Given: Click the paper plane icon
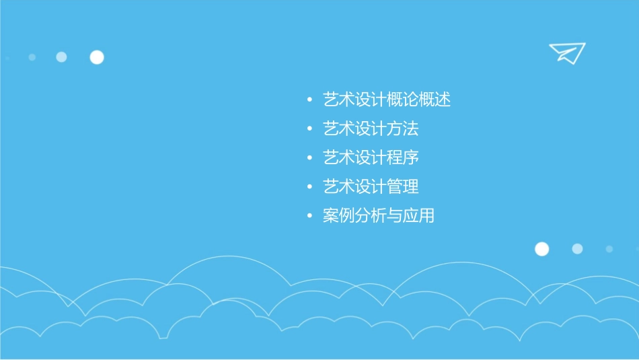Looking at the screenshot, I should (x=566, y=52).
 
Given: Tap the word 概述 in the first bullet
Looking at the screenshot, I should (x=435, y=100).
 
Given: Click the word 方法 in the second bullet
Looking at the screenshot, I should (x=403, y=129).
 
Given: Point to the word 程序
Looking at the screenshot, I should (x=403, y=157).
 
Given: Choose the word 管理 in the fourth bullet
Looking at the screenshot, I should (x=403, y=186).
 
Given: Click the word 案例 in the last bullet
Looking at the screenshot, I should (x=338, y=216).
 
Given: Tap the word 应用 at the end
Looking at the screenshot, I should (x=418, y=216).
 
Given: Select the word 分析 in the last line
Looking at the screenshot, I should (x=371, y=216).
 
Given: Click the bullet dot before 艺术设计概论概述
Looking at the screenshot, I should (x=309, y=101).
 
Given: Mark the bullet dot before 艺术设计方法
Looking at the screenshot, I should (x=309, y=129).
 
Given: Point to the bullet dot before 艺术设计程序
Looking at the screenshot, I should (x=309, y=158).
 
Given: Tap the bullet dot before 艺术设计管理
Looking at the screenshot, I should (x=309, y=187).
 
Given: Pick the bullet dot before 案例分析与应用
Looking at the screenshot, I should (x=309, y=217).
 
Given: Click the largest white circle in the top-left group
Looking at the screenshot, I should (x=97, y=57).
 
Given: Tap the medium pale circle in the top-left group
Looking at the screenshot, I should (x=61, y=57).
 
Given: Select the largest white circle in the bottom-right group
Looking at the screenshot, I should (x=541, y=249).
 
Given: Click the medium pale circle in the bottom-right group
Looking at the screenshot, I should (x=577, y=249).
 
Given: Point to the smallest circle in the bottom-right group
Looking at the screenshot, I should (x=609, y=249).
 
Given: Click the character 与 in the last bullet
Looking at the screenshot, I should (x=394, y=216).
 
